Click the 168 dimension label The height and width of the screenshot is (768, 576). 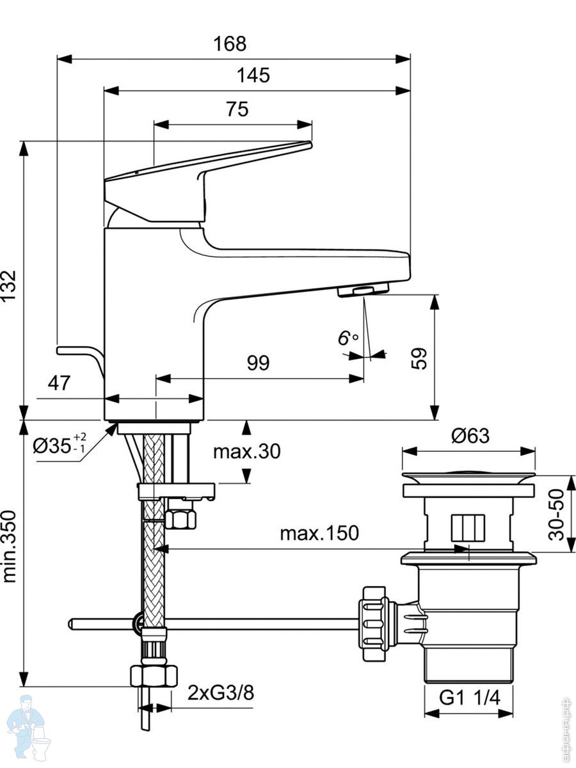[230, 44]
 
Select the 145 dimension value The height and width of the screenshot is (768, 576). [253, 76]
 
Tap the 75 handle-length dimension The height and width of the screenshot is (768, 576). [237, 109]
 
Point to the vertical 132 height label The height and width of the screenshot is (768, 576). [8, 285]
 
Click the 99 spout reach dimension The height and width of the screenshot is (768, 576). [259, 363]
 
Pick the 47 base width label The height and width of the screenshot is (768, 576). [59, 383]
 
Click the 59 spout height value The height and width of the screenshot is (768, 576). [419, 358]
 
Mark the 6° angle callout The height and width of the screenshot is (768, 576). [348, 339]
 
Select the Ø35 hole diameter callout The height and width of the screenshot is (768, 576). [60, 446]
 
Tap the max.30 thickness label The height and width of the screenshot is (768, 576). [247, 451]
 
